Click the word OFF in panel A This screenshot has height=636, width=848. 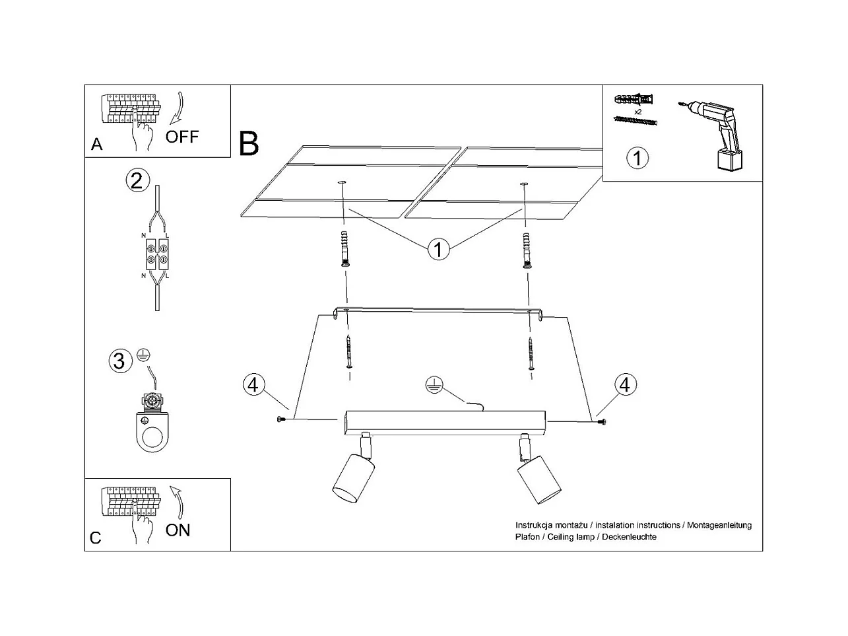click(x=181, y=137)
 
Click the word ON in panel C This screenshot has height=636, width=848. click(x=178, y=530)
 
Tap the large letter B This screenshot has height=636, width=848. click(x=249, y=143)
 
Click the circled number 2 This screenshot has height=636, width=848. click(x=137, y=180)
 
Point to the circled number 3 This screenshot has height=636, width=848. click(x=119, y=361)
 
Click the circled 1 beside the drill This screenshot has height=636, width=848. click(x=637, y=158)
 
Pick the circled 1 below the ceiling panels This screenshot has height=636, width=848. click(x=438, y=249)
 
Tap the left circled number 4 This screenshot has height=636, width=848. click(x=253, y=384)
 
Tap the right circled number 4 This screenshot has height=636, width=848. click(x=625, y=384)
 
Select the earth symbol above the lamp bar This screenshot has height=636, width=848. click(x=432, y=384)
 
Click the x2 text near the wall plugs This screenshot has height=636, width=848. click(x=637, y=112)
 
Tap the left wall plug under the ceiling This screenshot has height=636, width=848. click(x=344, y=248)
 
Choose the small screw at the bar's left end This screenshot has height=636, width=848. click(x=282, y=420)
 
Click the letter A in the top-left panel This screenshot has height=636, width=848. click(x=97, y=145)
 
